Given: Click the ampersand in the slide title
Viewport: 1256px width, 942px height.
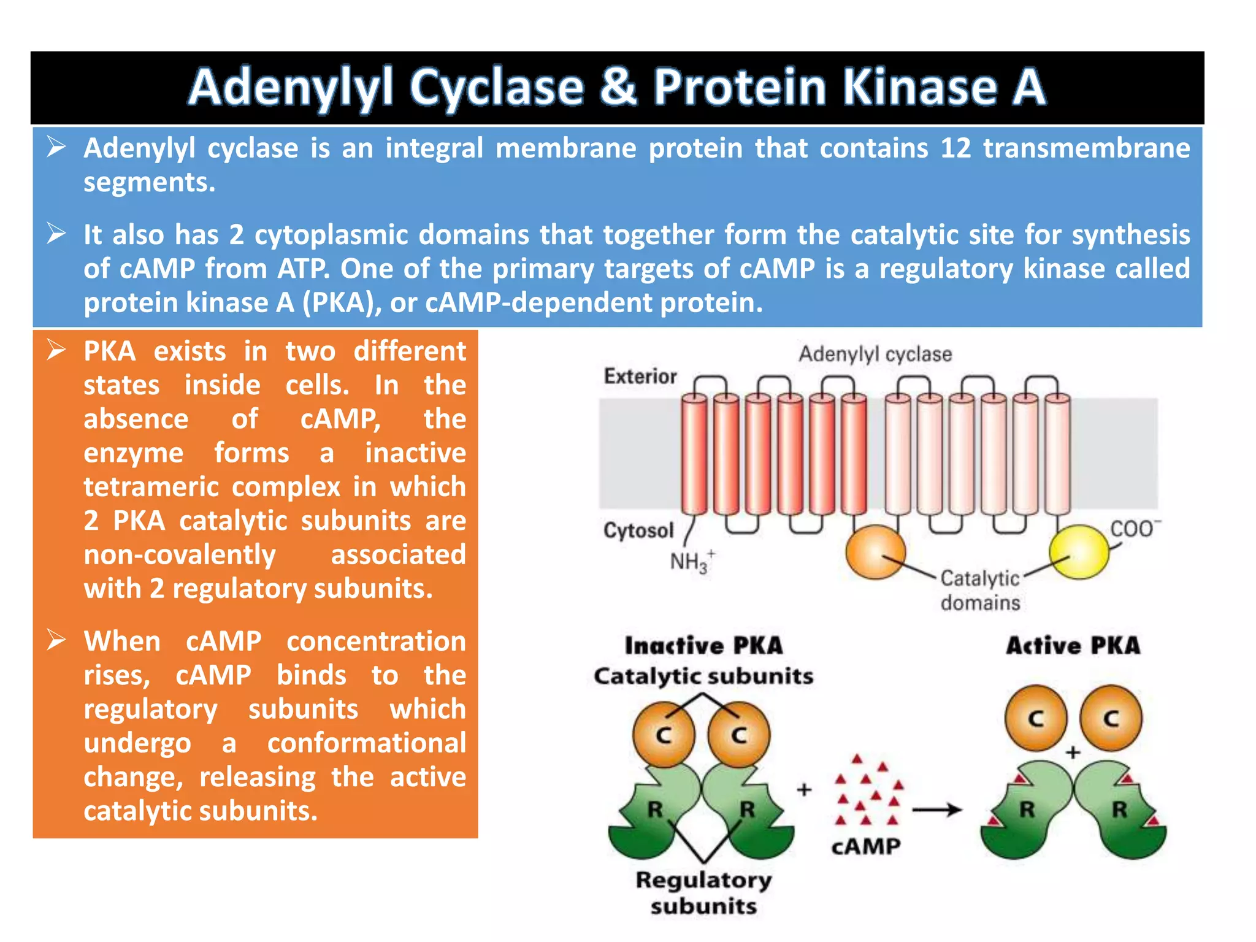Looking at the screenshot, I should point(618,86).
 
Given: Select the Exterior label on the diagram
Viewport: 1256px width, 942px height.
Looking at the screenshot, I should point(640,376).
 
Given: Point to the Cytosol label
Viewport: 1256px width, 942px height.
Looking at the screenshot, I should point(638,530).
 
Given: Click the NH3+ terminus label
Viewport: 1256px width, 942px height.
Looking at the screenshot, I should point(691,561).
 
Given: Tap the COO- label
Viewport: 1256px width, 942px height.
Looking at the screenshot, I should point(1135,529).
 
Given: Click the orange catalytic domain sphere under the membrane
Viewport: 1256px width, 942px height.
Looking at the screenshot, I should point(875,552).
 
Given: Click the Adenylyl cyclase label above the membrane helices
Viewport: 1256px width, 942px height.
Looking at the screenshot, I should point(875,354).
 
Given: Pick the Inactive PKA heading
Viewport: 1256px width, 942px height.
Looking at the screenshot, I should point(703,646).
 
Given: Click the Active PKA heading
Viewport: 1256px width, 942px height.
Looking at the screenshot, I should point(1073,646).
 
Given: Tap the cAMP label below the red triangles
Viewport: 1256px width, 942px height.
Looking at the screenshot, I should point(865,847).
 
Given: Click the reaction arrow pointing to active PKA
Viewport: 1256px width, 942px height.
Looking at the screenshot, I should point(936,810).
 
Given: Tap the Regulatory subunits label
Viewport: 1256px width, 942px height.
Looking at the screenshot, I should point(703,893).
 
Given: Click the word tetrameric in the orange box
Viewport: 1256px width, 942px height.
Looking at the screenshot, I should point(151,487).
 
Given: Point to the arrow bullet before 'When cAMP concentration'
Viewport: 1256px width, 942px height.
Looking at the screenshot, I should point(56,640).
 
